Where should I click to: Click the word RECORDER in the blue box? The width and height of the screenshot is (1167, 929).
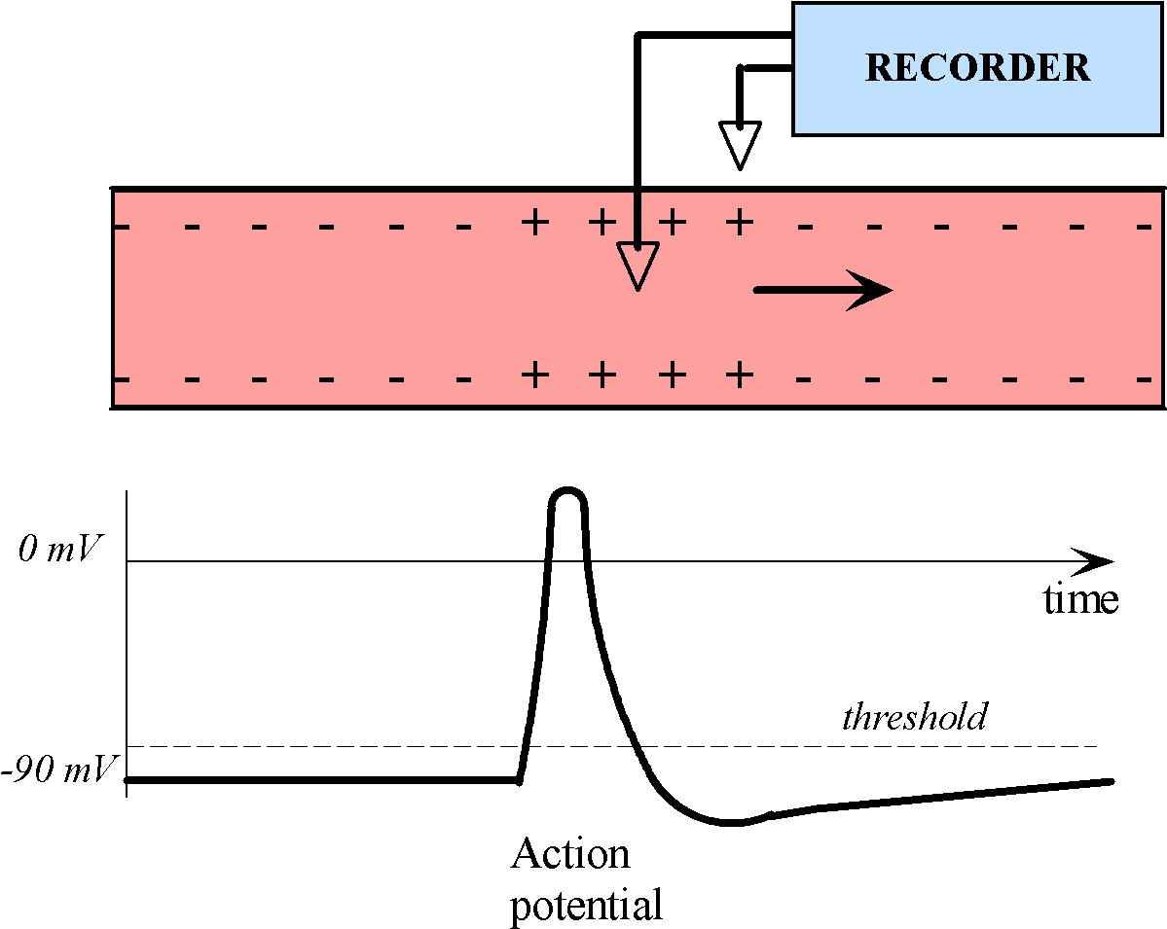click(977, 68)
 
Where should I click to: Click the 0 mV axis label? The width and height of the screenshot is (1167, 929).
click(59, 550)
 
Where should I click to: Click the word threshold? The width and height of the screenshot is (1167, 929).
click(913, 717)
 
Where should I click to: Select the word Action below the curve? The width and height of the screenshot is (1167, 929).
click(570, 855)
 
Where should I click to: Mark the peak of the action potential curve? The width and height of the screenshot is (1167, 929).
click(567, 489)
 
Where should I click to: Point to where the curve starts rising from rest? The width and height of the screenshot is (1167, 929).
click(519, 779)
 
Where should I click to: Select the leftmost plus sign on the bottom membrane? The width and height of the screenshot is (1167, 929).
click(532, 374)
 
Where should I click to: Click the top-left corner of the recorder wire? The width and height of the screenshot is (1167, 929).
click(637, 36)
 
